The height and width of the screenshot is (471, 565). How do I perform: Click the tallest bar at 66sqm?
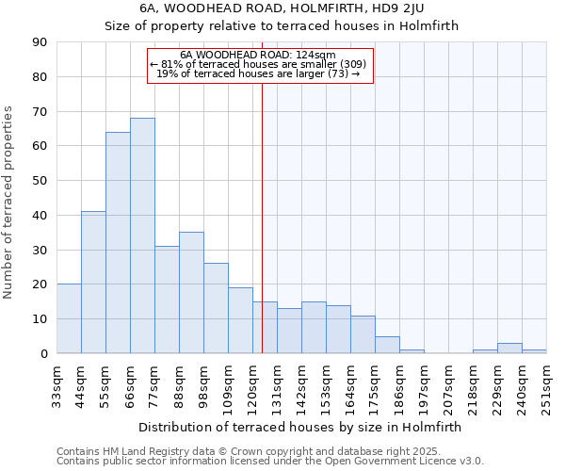point(142,235)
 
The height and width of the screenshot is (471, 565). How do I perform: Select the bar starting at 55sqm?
point(118,243)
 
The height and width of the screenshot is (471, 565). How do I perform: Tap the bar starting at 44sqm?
point(93,283)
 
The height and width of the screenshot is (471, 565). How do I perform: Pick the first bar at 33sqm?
point(69,318)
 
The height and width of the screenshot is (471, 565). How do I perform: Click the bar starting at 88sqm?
point(191,293)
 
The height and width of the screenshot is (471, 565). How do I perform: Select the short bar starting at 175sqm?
point(387,345)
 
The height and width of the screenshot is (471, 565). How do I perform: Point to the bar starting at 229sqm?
point(509,349)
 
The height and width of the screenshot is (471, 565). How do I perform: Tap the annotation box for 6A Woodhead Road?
point(261,65)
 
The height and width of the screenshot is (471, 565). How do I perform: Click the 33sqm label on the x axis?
point(56,382)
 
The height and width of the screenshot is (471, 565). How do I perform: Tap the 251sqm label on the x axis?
point(546,382)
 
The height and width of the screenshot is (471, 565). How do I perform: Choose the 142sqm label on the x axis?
point(301,382)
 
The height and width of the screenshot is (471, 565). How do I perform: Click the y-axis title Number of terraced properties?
point(8,203)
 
